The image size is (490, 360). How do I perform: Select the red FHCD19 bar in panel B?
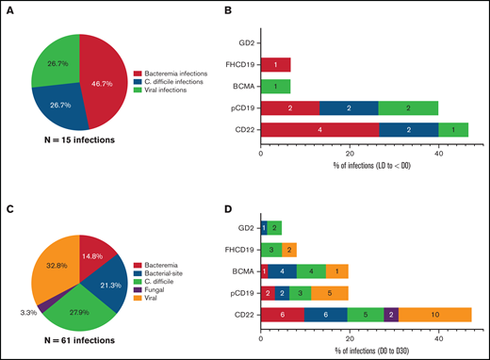tap(275, 65)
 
